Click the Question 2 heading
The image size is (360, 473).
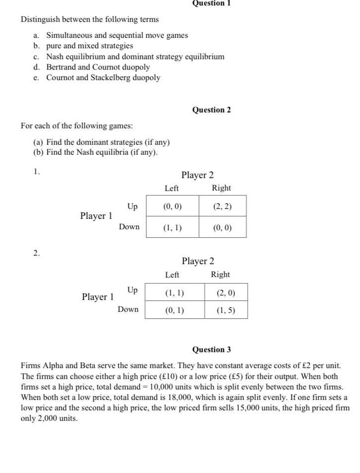(211, 110)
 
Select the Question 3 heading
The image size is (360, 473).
(211, 350)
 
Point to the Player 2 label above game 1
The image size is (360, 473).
(197, 175)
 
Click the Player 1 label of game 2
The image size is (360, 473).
(98, 297)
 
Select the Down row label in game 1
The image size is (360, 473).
(129, 227)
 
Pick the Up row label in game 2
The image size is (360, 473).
(132, 289)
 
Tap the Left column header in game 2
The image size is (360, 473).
(172, 275)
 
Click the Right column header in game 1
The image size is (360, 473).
(221, 188)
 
